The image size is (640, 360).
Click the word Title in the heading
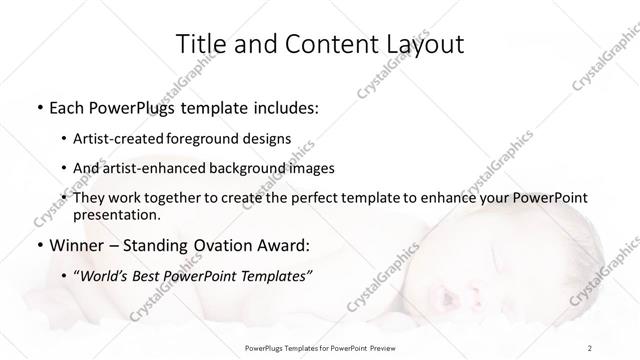click(199, 44)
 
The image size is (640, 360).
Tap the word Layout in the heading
click(421, 44)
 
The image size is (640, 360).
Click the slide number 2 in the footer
click(590, 347)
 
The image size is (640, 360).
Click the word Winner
click(77, 245)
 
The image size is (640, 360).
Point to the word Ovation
click(233, 245)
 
